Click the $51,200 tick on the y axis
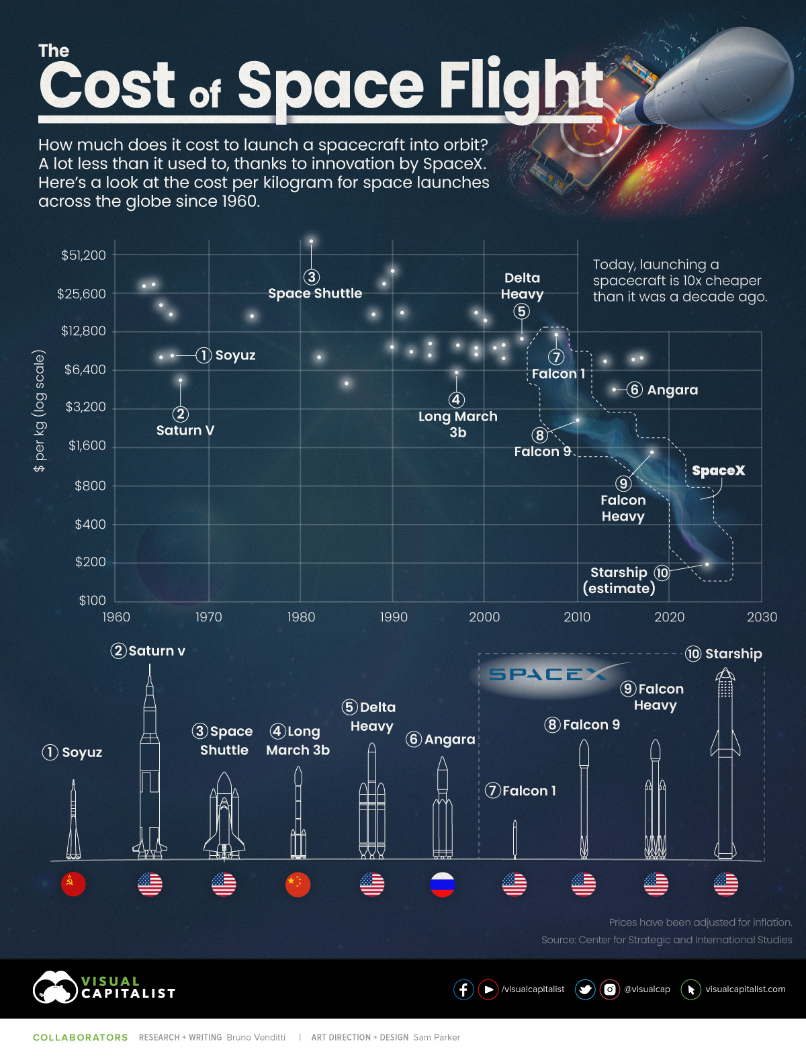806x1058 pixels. pos(83,255)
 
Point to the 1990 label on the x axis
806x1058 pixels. pos(393,617)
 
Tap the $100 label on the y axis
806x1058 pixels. pos(92,601)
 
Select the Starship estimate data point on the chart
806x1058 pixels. pos(707,564)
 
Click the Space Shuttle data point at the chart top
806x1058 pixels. pos(311,241)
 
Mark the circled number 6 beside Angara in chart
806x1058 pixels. pos(634,390)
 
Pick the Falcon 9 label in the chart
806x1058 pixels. pos(542,451)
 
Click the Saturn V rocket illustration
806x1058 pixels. pos(150,773)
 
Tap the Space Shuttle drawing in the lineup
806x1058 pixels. pos(224,816)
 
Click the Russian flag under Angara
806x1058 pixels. pos(443,884)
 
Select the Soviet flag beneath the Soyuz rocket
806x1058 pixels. pos(73,884)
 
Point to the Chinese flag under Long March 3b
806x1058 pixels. pos(298,884)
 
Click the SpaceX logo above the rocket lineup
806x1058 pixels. pos(547,674)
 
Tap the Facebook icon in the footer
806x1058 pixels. pos(463,989)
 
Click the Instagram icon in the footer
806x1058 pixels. pos(609,989)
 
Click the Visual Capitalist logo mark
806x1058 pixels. pos(55,987)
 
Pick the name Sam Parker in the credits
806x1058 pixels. pos(437,1037)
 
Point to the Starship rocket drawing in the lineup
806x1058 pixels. pos(725,766)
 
